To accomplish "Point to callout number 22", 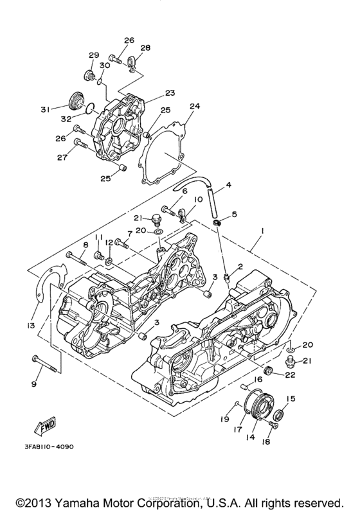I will click(x=291, y=375).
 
